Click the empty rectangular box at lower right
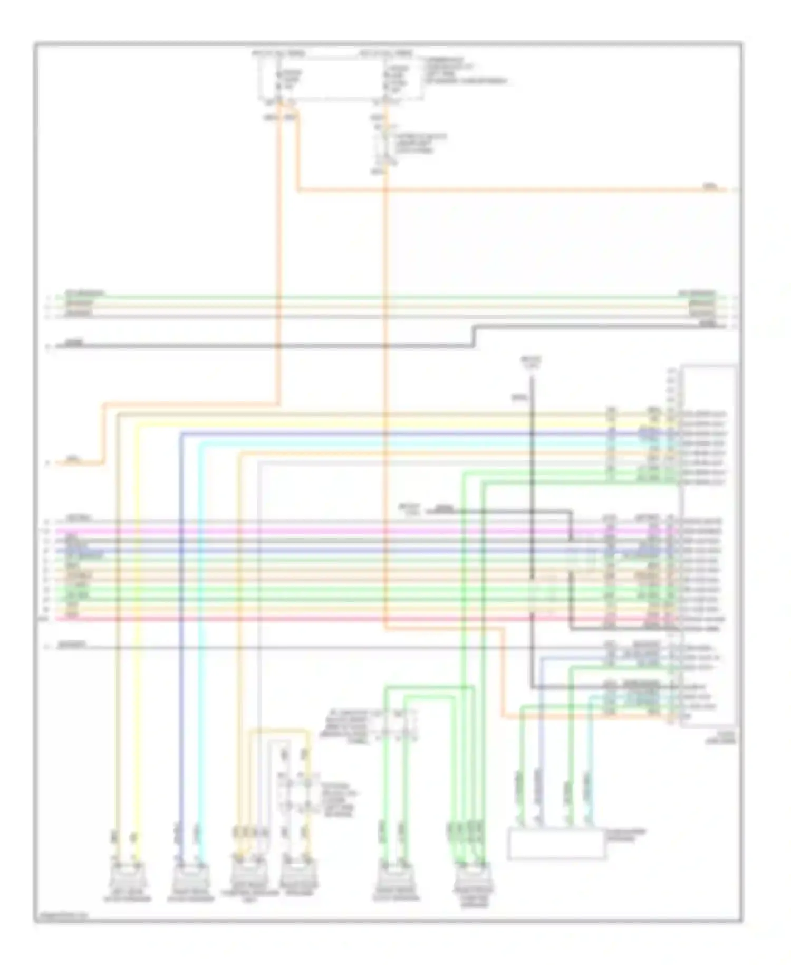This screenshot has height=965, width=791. [x=556, y=844]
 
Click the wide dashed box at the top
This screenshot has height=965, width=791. [x=340, y=77]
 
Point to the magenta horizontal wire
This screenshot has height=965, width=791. [x=316, y=531]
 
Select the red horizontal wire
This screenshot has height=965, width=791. [x=316, y=618]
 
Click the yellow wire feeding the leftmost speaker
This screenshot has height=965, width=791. [x=138, y=633]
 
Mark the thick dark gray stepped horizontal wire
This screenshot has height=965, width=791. [x=264, y=346]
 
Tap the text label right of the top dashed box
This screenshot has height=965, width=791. [x=464, y=71]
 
